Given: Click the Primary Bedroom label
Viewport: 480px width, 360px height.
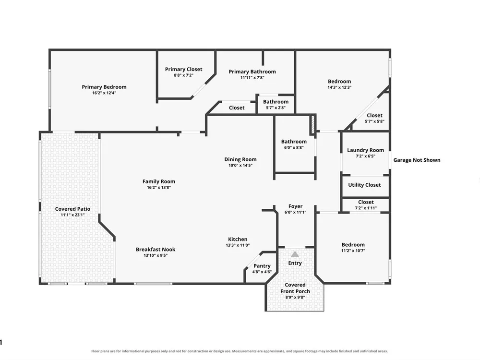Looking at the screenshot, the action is pos(104,87).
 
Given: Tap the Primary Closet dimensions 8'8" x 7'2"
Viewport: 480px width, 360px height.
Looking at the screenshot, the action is pos(184,75).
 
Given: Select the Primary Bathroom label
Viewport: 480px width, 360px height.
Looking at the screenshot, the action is pos(252,72).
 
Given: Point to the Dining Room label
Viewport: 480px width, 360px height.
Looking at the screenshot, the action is pos(240,159).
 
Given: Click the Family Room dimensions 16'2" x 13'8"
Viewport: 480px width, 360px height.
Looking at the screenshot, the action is pos(159,187).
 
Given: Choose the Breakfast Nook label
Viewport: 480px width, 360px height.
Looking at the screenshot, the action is pos(156,250).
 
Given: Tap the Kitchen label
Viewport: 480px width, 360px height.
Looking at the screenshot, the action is pos(238,240).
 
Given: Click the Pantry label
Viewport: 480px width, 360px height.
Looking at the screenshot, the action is pos(262,266).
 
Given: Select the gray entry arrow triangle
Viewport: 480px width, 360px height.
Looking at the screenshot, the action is pos(295,254).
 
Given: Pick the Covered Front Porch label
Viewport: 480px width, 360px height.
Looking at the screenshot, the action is pos(295,288).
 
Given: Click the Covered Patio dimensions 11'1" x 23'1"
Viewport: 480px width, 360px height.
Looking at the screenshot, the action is pos(72,215).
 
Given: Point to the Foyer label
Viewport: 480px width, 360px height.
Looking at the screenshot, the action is pos(295,206).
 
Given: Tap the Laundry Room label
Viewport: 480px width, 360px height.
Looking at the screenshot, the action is pos(365,150).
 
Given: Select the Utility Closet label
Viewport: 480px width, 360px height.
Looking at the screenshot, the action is pos(364,185).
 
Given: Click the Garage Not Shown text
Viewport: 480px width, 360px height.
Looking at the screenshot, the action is pos(417,160).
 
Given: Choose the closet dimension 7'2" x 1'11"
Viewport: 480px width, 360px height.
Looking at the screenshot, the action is pos(366,208).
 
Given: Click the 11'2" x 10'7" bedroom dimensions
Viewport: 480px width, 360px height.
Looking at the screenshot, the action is pos(353,251).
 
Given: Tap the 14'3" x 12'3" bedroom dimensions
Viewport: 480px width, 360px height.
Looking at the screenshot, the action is pos(339,87).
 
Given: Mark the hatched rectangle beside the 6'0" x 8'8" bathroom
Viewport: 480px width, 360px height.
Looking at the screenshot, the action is pos(312,125).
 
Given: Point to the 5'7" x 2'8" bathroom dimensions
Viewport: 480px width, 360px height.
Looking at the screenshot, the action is pos(276,108).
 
